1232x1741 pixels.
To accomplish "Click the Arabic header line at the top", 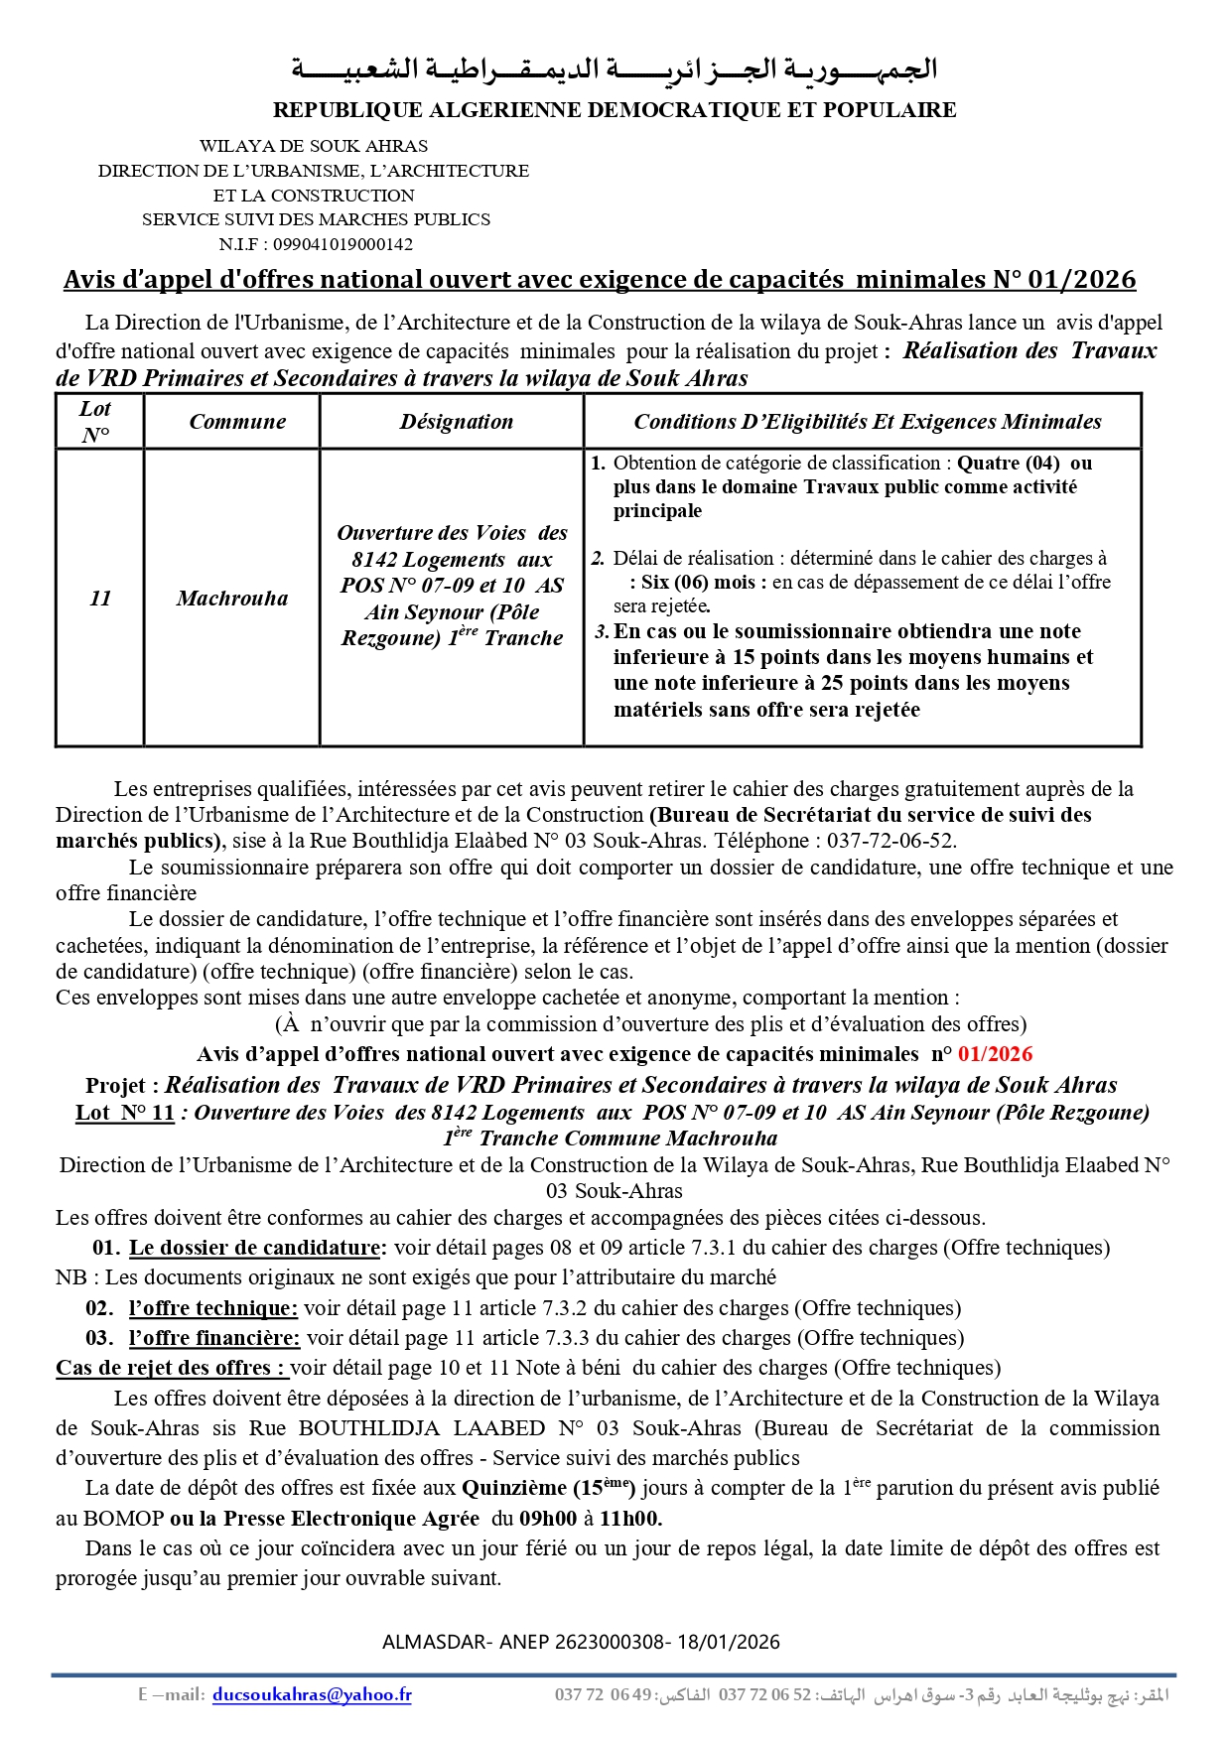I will click(615, 69).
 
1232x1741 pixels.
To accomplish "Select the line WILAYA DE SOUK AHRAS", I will click(314, 146).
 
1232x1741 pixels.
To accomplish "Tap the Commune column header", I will click(237, 422).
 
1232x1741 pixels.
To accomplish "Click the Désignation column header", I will click(457, 422).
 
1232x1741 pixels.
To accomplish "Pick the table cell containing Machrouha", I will click(232, 599).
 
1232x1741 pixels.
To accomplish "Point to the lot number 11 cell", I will click(100, 599).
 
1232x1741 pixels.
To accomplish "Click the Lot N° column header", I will click(95, 422).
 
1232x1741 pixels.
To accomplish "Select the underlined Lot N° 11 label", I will click(125, 1113).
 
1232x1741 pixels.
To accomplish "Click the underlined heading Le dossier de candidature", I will click(254, 1248).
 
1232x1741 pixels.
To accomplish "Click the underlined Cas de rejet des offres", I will click(171, 1368).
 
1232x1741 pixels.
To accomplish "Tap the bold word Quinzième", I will click(514, 1488).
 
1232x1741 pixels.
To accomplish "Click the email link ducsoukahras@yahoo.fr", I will click(312, 1695).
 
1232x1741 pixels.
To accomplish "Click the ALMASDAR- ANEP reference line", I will click(581, 1642).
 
